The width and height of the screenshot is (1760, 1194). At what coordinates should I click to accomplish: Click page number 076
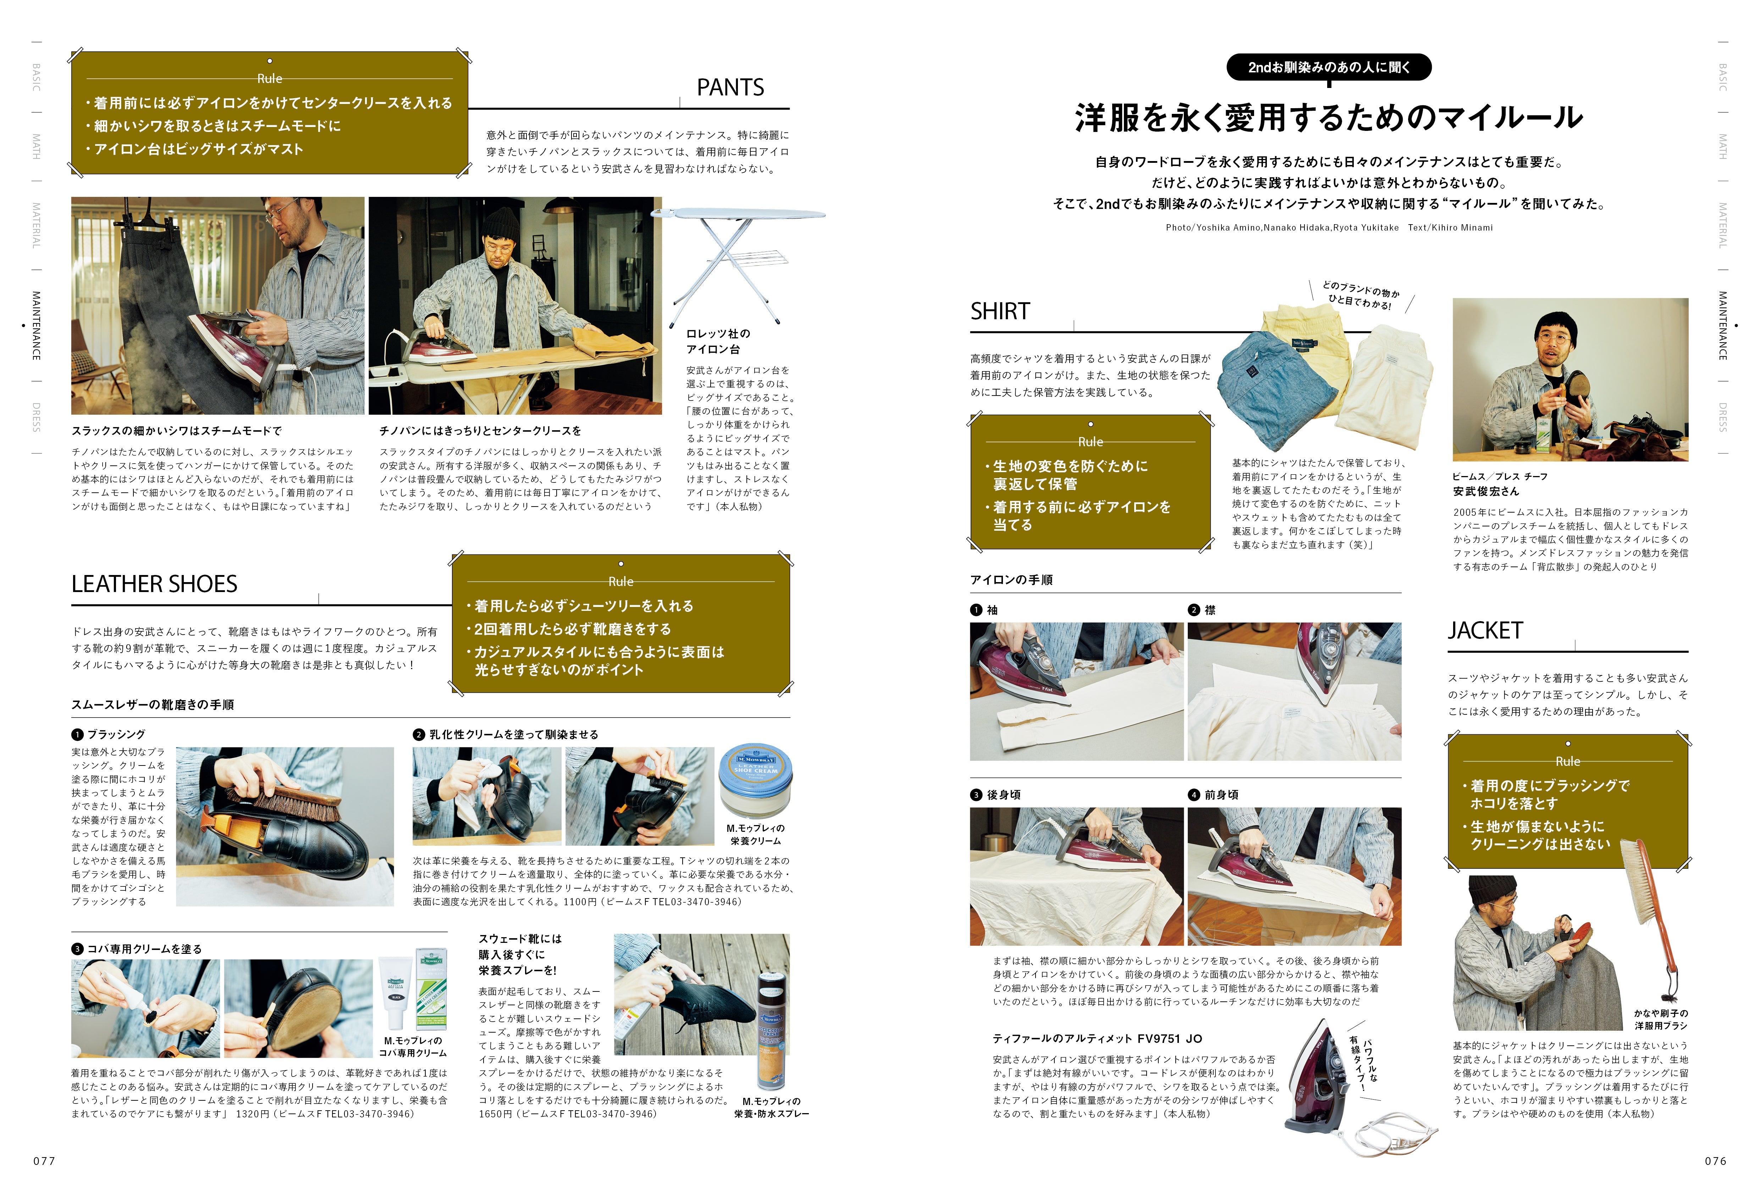(1715, 1161)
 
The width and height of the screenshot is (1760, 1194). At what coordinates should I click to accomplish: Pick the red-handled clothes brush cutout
(1655, 916)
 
